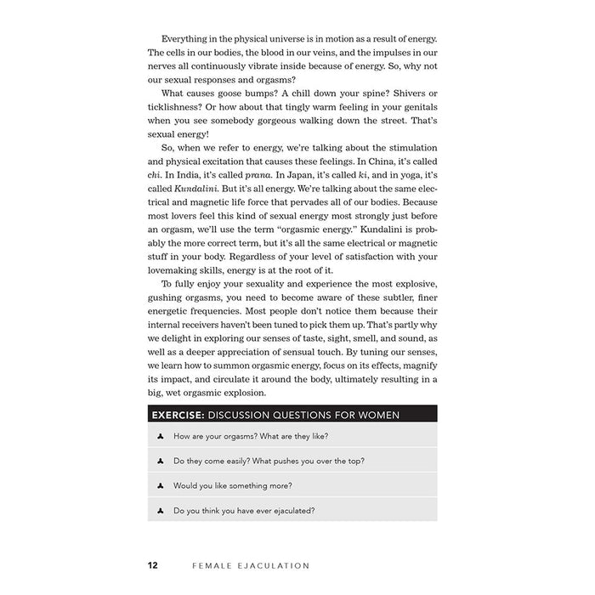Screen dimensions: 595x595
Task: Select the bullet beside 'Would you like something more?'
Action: tap(160, 485)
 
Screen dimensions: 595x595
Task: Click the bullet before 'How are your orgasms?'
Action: tap(160, 436)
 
